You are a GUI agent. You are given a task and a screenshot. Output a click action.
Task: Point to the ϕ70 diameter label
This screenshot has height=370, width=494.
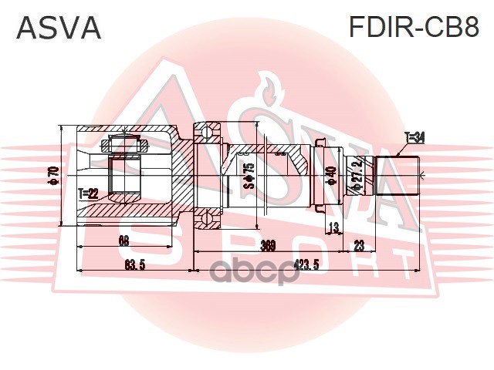tap(53, 177)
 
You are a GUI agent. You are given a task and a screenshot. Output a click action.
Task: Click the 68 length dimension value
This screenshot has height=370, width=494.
tap(123, 240)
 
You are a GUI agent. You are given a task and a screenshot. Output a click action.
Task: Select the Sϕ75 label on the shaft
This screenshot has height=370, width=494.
tap(249, 176)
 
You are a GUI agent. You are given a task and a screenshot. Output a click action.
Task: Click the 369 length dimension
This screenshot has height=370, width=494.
tap(268, 246)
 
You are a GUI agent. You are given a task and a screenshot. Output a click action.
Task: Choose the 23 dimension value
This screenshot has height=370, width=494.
tap(358, 246)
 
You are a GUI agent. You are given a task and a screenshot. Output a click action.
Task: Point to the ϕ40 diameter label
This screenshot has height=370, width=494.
tap(330, 177)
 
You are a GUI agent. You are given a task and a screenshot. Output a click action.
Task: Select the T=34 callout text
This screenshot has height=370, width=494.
tap(414, 137)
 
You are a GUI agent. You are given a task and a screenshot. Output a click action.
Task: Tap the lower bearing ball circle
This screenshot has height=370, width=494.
tap(207, 221)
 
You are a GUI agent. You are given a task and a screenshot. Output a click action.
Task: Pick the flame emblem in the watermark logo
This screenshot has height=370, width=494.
tap(271, 89)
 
